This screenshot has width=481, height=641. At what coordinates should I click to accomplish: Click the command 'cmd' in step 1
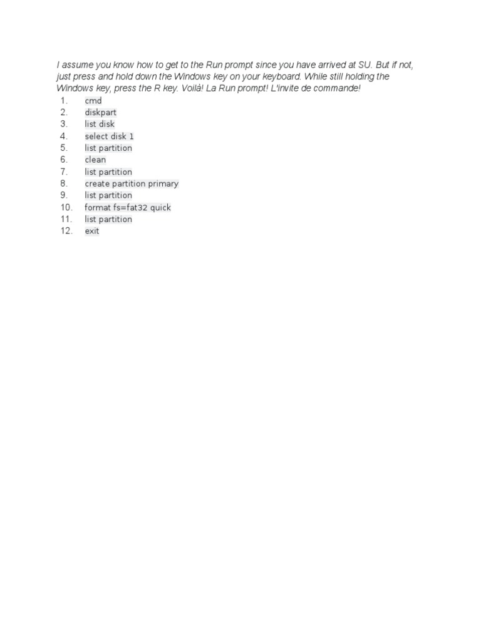pos(93,101)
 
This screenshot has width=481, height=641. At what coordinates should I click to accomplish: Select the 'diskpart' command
pos(101,113)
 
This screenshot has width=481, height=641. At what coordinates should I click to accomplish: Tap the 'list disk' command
pos(100,125)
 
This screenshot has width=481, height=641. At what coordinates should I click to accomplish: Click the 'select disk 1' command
pos(110,136)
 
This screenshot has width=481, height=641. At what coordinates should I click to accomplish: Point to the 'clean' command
pos(95,160)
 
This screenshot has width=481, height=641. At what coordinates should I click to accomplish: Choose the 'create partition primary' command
pos(132,184)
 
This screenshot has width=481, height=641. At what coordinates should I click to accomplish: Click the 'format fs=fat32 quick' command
pos(128,208)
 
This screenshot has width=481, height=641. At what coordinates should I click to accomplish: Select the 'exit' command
pos(92,232)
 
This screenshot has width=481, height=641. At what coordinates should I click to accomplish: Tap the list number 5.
pos(63,148)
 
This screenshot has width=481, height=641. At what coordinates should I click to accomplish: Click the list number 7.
pos(63,172)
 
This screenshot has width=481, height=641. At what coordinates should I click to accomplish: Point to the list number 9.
pos(63,196)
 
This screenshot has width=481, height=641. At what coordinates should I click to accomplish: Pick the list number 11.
pos(66,220)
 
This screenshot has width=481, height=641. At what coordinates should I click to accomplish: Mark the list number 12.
pos(66,232)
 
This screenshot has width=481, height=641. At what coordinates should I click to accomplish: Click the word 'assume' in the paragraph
pos(78,65)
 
